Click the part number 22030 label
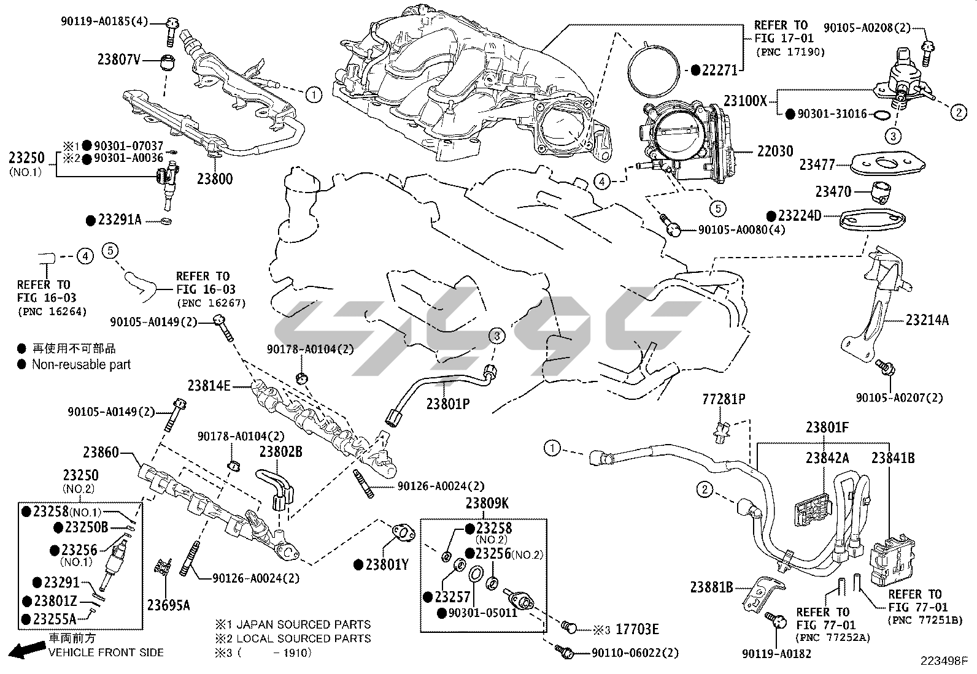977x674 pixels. click(775, 151)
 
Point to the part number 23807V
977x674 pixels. click(119, 59)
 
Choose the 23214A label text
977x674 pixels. click(927, 320)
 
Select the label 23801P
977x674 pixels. click(448, 404)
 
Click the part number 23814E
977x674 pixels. click(209, 386)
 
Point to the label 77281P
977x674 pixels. click(724, 400)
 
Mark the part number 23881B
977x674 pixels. click(711, 588)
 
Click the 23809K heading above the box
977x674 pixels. click(487, 504)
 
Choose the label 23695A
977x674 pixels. click(168, 605)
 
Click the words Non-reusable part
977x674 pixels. click(82, 364)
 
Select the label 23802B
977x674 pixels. click(280, 451)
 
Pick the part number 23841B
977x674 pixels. click(893, 458)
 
